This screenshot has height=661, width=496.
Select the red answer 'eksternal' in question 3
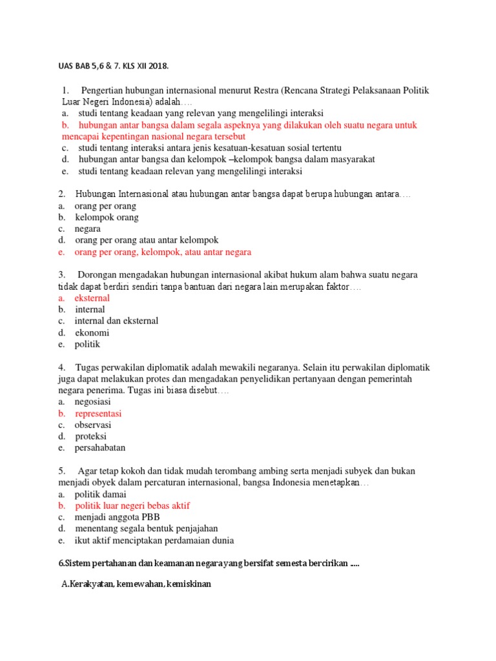(92, 298)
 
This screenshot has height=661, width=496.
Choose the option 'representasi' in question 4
(98, 414)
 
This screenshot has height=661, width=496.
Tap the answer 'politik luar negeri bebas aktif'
(132, 506)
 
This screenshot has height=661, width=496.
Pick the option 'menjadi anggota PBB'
(117, 518)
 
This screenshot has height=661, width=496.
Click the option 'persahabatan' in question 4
(100, 448)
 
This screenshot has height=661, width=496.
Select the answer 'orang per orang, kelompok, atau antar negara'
(163, 252)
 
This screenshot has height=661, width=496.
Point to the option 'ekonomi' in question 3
(92, 333)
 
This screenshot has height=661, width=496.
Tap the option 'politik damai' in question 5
(101, 494)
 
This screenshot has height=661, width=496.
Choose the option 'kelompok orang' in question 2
(107, 218)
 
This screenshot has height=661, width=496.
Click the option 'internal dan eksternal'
(116, 321)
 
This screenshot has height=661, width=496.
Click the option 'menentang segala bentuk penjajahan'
(147, 529)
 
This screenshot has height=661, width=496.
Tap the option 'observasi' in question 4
(93, 425)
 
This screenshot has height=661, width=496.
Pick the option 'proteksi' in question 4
(91, 436)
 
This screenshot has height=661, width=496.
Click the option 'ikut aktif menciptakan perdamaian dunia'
(154, 540)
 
